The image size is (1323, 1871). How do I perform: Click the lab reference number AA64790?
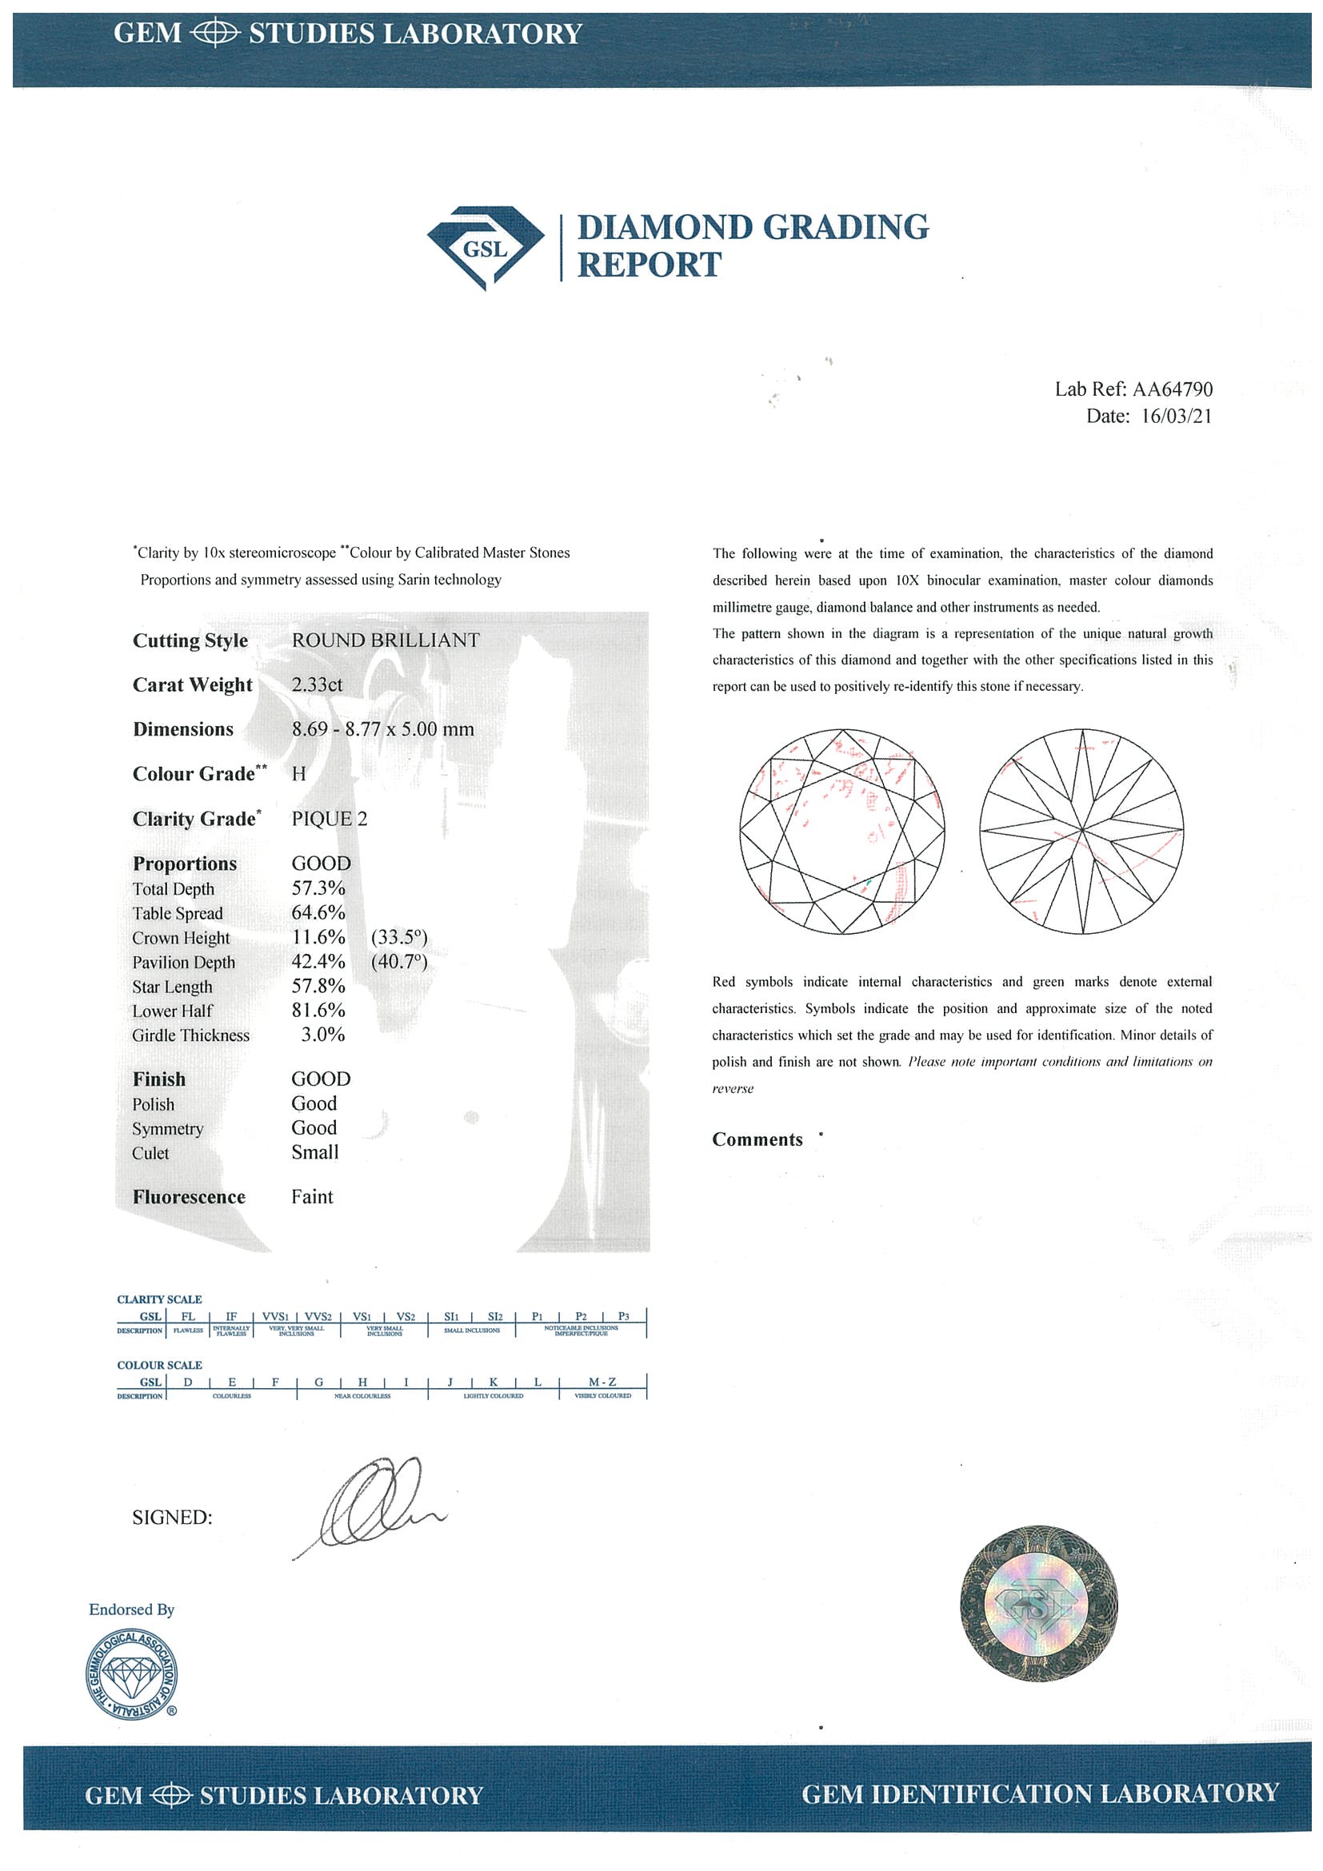tap(1172, 389)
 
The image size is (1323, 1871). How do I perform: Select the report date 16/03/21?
tap(1177, 417)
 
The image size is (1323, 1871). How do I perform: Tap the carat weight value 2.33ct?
tap(317, 684)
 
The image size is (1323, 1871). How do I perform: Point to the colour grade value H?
tap(298, 773)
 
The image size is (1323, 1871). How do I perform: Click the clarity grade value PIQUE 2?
tap(330, 818)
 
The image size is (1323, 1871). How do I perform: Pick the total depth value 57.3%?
tap(318, 888)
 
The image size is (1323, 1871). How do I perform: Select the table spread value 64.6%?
tap(318, 912)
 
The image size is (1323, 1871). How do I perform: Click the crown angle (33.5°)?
tap(398, 937)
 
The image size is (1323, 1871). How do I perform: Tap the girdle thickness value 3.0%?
tap(323, 1035)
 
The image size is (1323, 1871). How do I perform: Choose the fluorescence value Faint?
tap(312, 1196)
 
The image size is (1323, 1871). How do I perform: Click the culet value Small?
tap(314, 1152)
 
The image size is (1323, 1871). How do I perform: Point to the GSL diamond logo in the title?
tap(485, 248)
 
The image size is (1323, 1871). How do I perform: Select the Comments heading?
tap(757, 1140)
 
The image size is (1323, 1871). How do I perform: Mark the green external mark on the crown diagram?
tap(869, 884)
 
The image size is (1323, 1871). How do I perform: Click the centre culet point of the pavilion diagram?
tap(1081, 832)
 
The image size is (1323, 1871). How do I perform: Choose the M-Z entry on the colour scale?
tap(602, 1382)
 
